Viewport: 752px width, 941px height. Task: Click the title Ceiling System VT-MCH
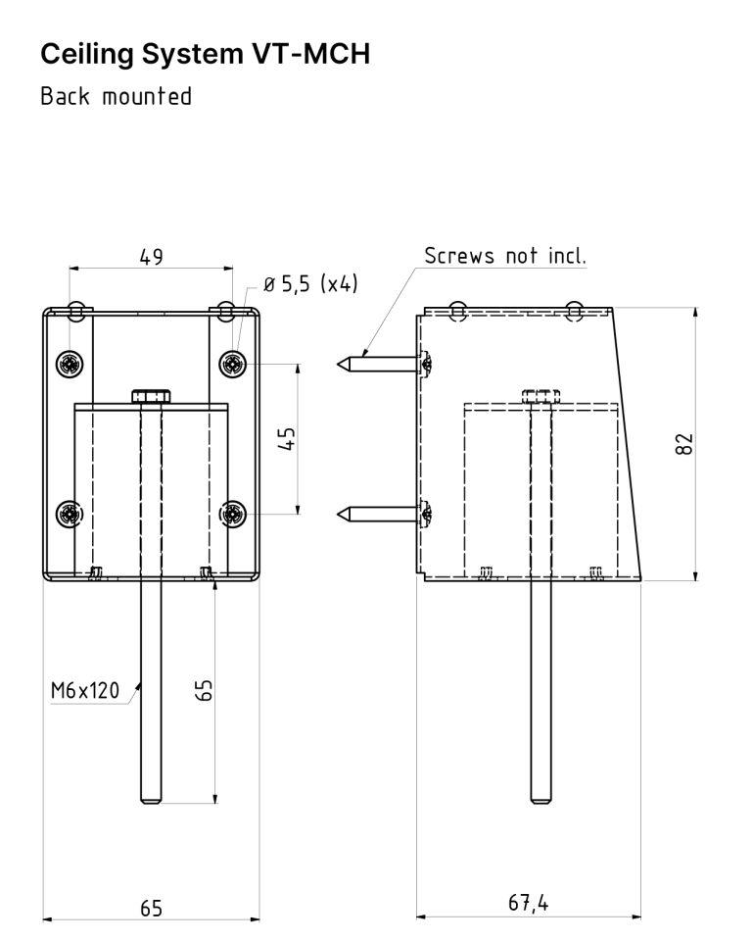coord(206,54)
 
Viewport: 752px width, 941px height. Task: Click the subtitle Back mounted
coord(116,98)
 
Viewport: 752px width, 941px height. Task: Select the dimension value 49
coord(151,257)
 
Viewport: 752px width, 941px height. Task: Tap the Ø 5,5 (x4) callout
coord(311,285)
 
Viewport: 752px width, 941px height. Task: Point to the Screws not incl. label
coord(504,257)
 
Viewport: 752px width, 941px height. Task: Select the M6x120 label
coord(85,692)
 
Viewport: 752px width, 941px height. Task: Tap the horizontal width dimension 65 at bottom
coord(151,908)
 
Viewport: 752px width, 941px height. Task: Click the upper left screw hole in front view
coord(70,364)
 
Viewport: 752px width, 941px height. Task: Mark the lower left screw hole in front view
coord(70,512)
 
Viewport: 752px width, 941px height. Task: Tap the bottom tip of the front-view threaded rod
coord(150,800)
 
